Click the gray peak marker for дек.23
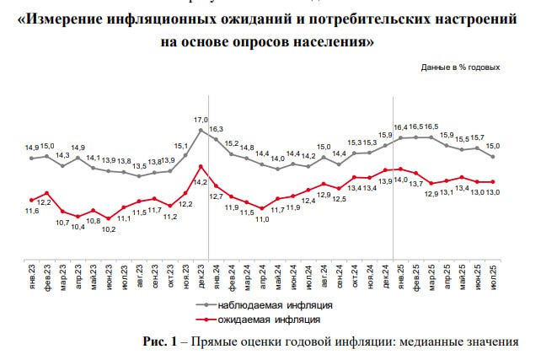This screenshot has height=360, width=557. (201, 130)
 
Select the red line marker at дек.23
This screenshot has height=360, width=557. (201, 166)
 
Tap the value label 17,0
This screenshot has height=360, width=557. (201, 119)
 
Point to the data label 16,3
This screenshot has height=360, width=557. (216, 129)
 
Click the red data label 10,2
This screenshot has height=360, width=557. (109, 228)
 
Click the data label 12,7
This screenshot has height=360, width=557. (216, 196)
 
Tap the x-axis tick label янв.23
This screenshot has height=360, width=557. (32, 274)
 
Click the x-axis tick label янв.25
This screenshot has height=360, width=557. (401, 274)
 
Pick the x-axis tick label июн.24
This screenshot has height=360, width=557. (293, 274)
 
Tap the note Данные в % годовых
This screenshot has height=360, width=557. (460, 67)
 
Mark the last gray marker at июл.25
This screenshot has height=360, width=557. (493, 157)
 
